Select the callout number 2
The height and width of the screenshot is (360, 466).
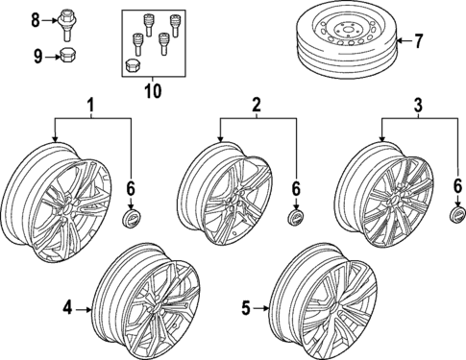[x=256, y=104]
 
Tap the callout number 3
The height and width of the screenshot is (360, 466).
[x=417, y=104]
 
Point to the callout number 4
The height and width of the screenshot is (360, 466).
[x=68, y=308]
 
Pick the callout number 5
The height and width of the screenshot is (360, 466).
[x=246, y=308]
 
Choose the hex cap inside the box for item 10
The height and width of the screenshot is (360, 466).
[x=134, y=66]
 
